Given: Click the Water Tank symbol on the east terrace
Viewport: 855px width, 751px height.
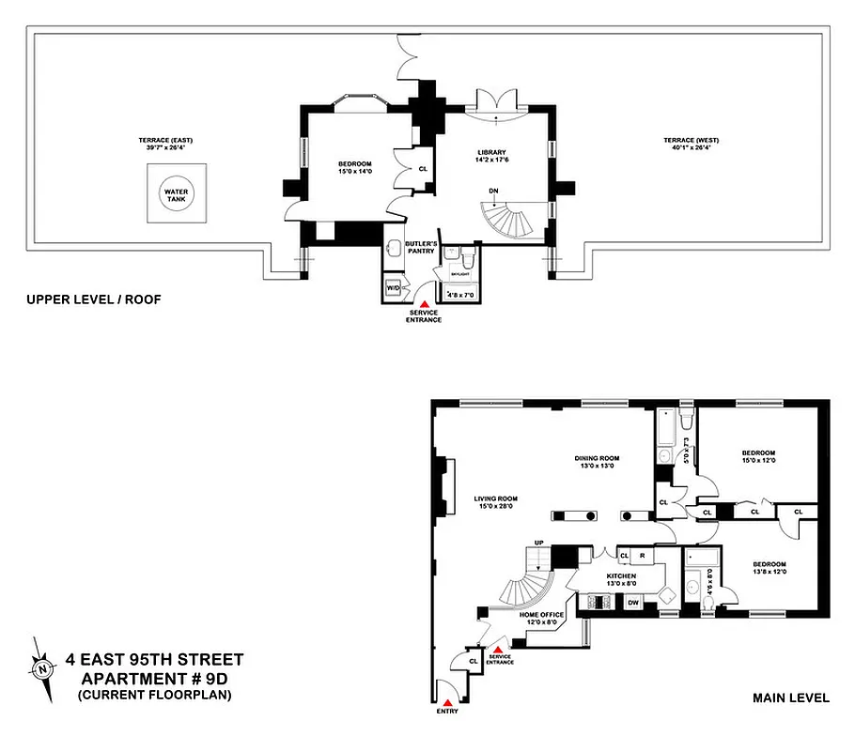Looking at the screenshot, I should click(176, 192).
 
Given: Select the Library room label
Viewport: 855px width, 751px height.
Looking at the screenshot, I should click(491, 156).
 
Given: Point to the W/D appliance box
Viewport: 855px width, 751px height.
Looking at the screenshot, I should click(393, 288).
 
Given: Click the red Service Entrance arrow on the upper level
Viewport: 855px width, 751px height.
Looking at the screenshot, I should click(424, 304).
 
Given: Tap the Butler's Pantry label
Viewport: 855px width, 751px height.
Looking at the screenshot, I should click(418, 246).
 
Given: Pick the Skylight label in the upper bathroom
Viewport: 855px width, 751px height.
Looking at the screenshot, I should click(460, 274).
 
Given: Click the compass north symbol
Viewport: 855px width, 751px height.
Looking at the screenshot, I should click(43, 669).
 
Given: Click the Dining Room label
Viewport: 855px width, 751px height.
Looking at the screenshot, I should click(598, 462).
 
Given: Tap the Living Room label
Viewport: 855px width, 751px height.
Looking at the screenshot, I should click(496, 502).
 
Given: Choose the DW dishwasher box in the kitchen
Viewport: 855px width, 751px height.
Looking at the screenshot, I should click(633, 603).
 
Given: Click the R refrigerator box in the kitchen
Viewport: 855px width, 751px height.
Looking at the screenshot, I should click(642, 556).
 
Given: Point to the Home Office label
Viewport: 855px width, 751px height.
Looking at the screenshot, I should click(541, 619).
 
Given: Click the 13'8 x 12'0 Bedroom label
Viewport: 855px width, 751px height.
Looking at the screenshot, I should click(769, 569).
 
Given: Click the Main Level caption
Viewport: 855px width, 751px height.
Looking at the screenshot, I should click(791, 697).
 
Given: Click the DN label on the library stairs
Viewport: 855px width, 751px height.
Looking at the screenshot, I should click(492, 191).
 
